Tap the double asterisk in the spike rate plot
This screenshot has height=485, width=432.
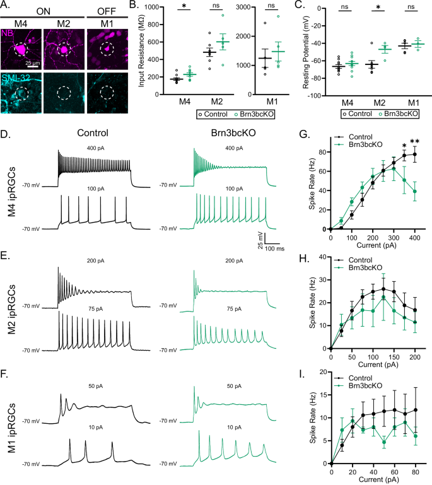(415, 141)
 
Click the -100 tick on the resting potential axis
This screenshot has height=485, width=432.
(318, 96)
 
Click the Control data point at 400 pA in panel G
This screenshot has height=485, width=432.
(415, 154)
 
